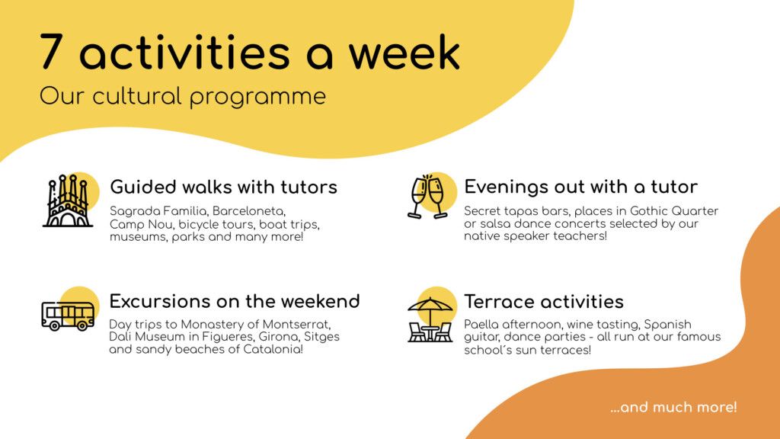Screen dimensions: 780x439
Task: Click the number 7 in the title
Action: pyautogui.click(x=52, y=51)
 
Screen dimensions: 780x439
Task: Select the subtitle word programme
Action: pyautogui.click(x=257, y=97)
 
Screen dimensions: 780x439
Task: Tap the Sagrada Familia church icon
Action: pyautogui.click(x=68, y=200)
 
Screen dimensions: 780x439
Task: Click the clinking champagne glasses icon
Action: pyautogui.click(x=427, y=197)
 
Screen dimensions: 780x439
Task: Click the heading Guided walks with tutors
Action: pyautogui.click(x=223, y=187)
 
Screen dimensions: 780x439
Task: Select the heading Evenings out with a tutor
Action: pyautogui.click(x=580, y=187)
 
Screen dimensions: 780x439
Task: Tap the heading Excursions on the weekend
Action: pyautogui.click(x=235, y=301)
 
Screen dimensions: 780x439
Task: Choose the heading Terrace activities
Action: pyautogui.click(x=544, y=302)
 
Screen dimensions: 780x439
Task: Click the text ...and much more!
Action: pyautogui.click(x=673, y=407)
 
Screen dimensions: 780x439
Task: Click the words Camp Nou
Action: pyautogui.click(x=141, y=225)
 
